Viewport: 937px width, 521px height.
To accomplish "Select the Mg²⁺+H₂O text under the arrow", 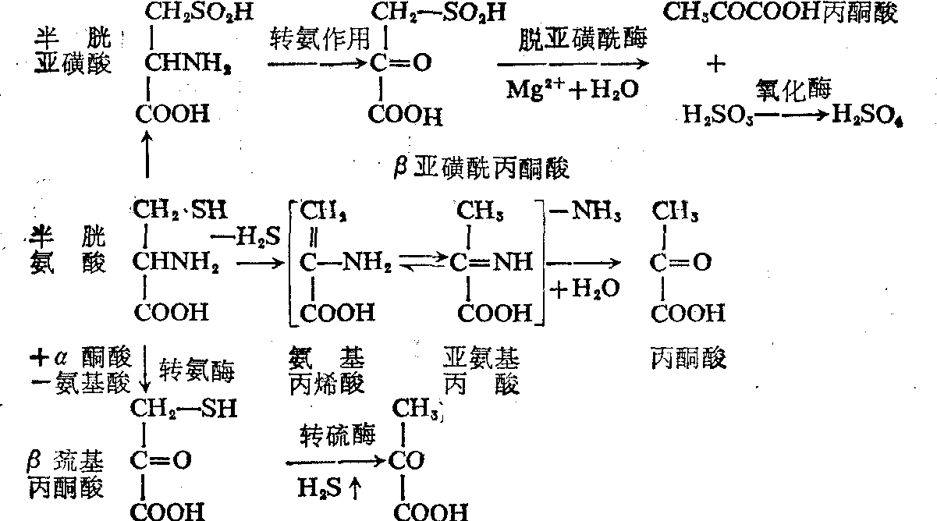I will click(571, 90).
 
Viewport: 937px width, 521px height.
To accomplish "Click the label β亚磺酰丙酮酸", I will click(478, 166).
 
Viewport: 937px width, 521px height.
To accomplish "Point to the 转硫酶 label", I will click(335, 434).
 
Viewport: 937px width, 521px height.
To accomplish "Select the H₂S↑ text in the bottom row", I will click(330, 488).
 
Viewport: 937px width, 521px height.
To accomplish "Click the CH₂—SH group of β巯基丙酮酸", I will click(183, 408).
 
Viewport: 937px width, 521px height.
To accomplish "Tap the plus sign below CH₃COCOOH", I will click(714, 65).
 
